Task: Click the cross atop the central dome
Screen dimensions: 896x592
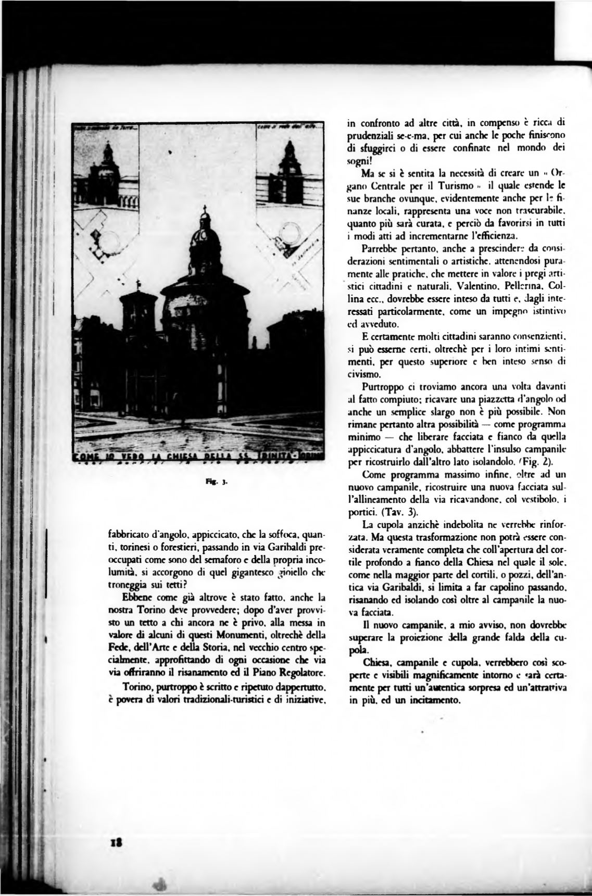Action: [x=204, y=211]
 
